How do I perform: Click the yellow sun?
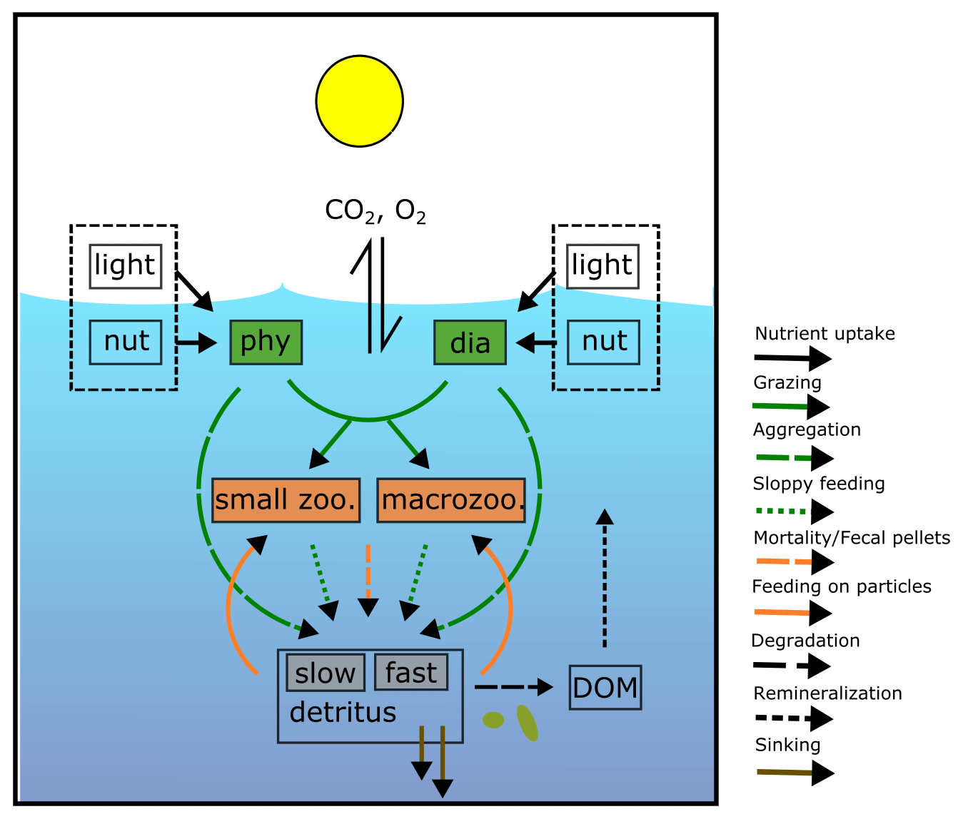point(360,101)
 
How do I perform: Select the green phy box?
point(266,342)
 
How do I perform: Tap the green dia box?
point(470,343)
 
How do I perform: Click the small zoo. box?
point(286,500)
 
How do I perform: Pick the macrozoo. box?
point(451,500)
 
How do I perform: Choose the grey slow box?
point(326,673)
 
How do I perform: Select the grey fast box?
point(411,673)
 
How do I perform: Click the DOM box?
point(605,688)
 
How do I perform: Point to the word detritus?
point(343,713)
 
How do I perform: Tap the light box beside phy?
point(126,266)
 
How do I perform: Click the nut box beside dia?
point(604,342)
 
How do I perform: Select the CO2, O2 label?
point(375,211)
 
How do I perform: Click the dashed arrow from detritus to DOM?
point(513,687)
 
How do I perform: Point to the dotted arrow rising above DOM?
point(605,578)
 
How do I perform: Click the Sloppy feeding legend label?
point(819,484)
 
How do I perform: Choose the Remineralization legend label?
point(827,693)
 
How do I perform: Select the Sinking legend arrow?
point(795,773)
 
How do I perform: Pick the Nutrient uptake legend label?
point(825,334)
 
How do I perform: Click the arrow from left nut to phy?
point(196,343)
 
